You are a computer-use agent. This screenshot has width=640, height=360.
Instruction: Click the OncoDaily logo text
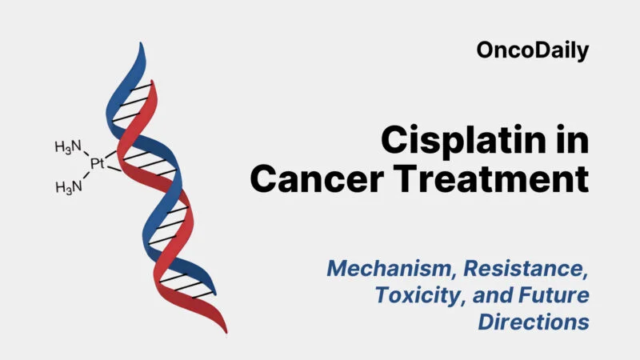[533, 51]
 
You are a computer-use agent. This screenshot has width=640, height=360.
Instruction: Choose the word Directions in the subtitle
[534, 322]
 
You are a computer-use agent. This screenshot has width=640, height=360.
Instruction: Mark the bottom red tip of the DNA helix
[223, 329]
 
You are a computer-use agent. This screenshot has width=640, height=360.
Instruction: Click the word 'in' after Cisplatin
[572, 141]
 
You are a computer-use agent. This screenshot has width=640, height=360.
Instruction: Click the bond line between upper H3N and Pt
[87, 155]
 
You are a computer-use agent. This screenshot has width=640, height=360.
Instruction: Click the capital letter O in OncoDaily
[486, 51]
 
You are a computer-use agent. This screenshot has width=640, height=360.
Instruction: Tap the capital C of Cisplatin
[394, 141]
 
